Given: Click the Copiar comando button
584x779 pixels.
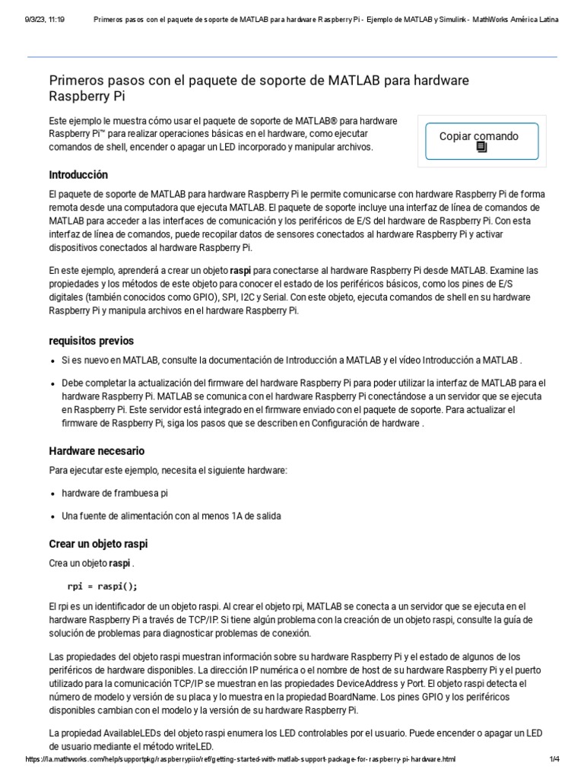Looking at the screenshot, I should click(x=481, y=141).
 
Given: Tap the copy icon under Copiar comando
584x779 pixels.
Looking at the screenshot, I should click(x=481, y=148).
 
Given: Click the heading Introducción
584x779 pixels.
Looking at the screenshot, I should click(x=78, y=174).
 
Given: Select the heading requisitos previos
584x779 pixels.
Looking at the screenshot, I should click(x=91, y=340).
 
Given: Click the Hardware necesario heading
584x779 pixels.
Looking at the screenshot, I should click(x=97, y=450).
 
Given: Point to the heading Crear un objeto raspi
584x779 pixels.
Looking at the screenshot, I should click(x=98, y=544).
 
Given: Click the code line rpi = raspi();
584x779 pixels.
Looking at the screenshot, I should click(x=103, y=586).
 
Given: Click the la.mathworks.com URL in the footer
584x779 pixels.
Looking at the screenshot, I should click(x=240, y=759).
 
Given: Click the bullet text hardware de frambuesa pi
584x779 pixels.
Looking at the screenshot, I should click(x=115, y=493).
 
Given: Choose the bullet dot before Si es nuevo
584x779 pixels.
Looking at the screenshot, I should click(x=53, y=361).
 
